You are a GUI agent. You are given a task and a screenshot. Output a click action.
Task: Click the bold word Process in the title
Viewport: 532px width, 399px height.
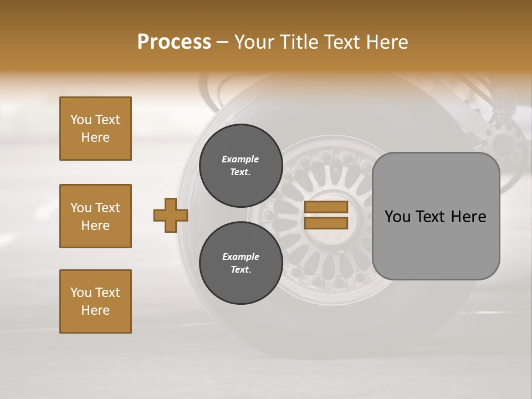174,42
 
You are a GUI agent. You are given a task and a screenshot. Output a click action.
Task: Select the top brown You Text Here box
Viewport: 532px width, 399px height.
95,129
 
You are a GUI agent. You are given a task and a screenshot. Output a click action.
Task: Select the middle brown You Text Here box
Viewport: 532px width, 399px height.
95,216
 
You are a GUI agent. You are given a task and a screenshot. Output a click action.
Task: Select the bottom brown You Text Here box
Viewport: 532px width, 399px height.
95,301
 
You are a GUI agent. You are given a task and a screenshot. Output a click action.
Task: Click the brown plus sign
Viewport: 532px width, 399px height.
170,215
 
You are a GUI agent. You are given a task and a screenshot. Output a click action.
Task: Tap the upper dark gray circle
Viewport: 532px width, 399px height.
241,166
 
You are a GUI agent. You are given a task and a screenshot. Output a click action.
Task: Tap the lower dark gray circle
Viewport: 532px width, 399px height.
241,263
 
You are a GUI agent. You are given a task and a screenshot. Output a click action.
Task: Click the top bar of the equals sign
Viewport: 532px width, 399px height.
326,207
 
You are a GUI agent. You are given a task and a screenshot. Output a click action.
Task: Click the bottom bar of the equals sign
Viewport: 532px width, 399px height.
326,223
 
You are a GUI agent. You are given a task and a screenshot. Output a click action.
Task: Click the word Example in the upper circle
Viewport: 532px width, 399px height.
241,159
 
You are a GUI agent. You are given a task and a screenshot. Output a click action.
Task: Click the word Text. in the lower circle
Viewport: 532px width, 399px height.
241,270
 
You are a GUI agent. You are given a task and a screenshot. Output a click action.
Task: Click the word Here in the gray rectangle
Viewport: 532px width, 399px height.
468,217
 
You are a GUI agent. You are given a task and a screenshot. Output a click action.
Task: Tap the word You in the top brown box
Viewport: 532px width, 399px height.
81,120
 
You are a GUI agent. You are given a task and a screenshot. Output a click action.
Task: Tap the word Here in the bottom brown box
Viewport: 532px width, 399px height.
95,310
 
